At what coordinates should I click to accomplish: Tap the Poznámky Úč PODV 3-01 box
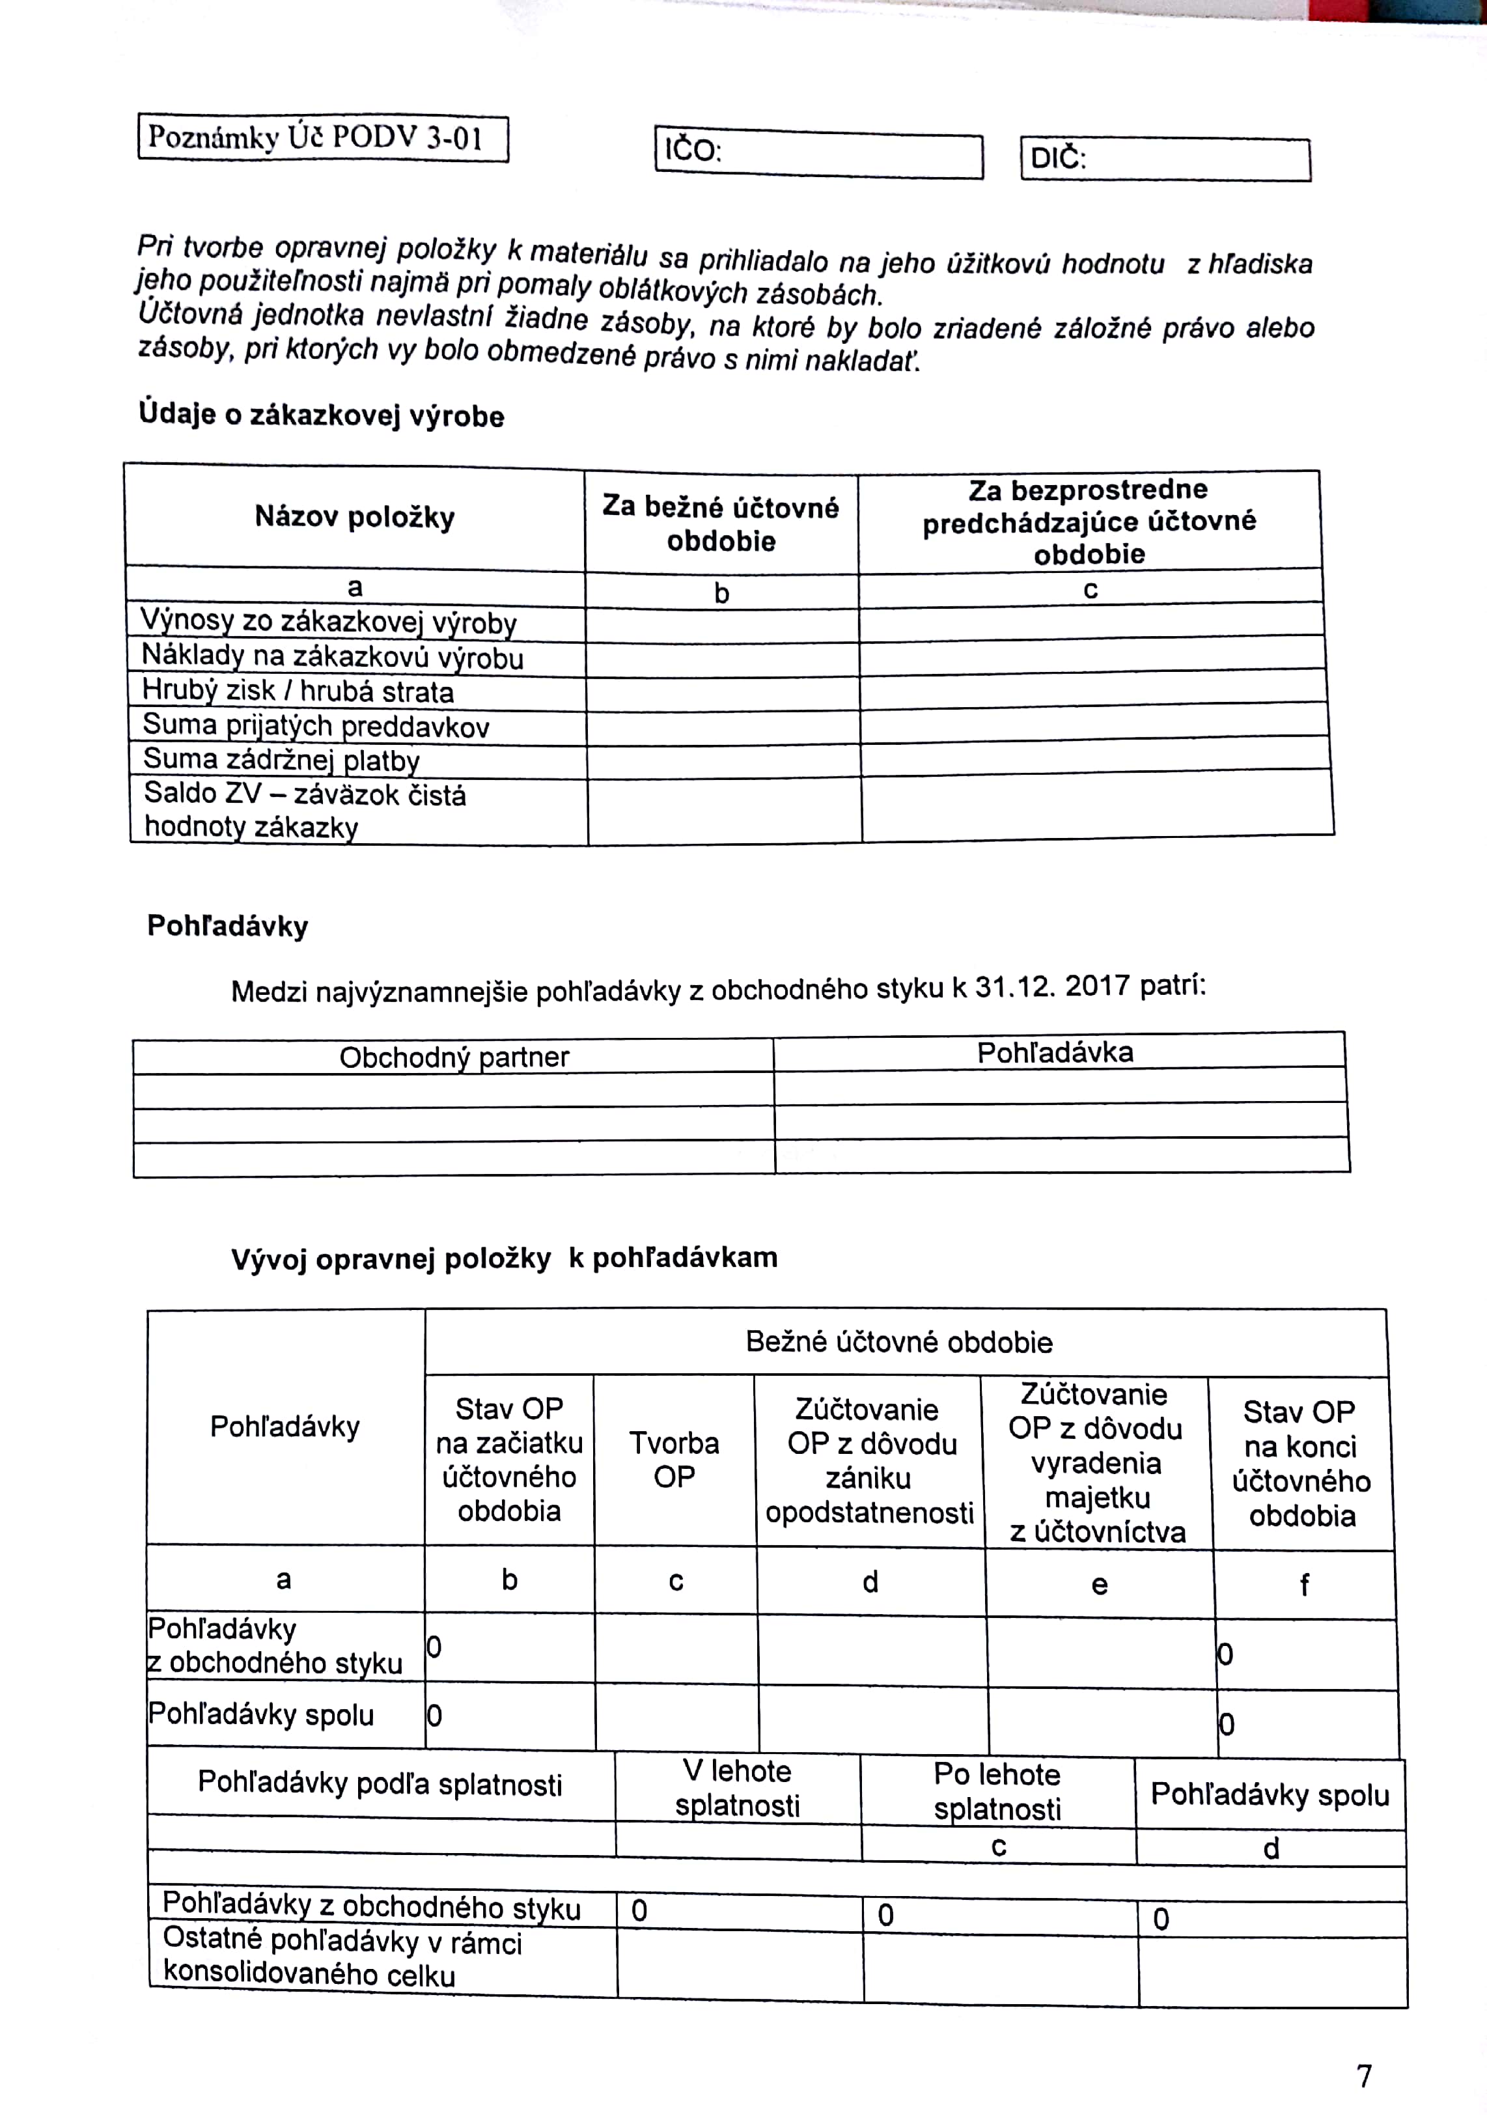tap(323, 137)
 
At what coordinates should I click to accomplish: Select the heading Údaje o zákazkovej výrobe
tap(321, 415)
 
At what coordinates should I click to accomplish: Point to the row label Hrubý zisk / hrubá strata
tap(298, 691)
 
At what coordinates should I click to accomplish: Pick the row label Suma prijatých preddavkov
tap(316, 726)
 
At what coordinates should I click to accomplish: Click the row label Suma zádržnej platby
tap(281, 760)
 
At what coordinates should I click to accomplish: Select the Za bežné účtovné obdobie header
tap(721, 523)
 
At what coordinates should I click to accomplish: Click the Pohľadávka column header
tap(1055, 1053)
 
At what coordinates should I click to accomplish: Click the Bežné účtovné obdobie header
tap(899, 1342)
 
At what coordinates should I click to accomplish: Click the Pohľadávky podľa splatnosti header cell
tap(380, 1784)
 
